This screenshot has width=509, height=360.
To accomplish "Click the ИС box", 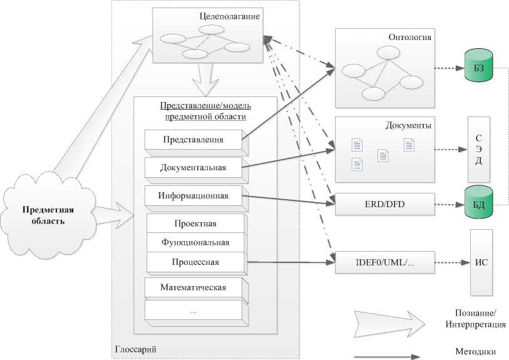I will click(x=481, y=262).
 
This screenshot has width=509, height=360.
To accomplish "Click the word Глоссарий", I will click(x=136, y=349).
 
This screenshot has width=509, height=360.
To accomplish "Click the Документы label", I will click(x=408, y=125).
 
